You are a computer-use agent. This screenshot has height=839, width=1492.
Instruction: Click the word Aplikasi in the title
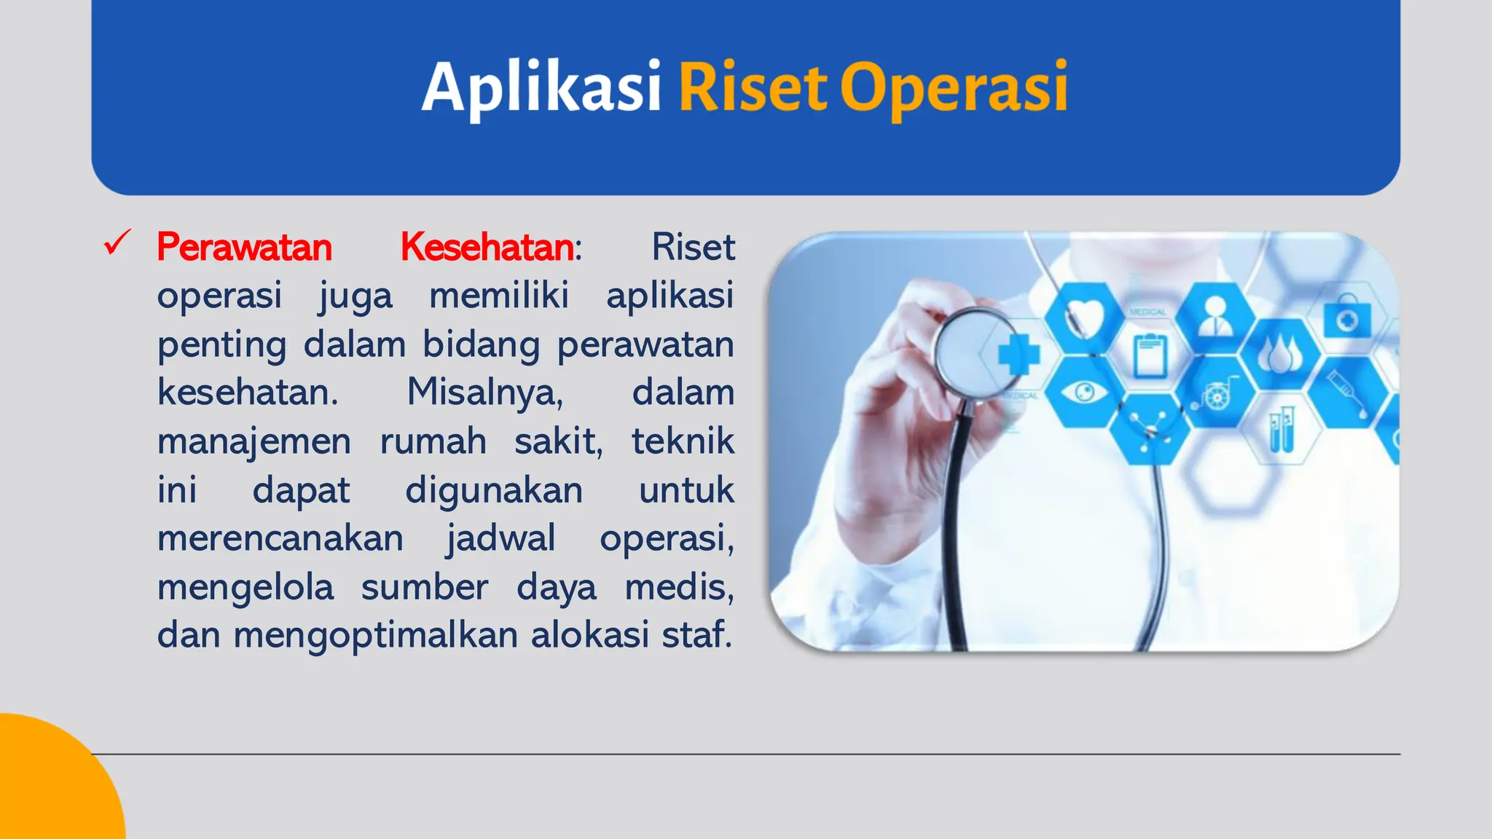(541, 87)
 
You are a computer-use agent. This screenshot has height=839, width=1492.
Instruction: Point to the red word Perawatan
(244, 247)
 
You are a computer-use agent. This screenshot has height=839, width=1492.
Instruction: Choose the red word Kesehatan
(487, 247)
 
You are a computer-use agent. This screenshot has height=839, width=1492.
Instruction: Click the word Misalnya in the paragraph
(484, 393)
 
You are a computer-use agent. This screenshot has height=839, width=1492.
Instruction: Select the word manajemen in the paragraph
(254, 441)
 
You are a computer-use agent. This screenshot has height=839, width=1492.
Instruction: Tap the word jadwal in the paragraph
(500, 538)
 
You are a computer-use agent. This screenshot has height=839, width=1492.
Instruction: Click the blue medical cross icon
(1018, 355)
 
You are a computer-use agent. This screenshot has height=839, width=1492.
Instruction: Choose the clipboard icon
(1150, 355)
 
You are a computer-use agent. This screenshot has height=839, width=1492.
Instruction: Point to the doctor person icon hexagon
(1214, 316)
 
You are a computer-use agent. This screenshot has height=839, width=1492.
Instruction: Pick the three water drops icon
(1280, 355)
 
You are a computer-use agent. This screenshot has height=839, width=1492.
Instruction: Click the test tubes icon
(1281, 430)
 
